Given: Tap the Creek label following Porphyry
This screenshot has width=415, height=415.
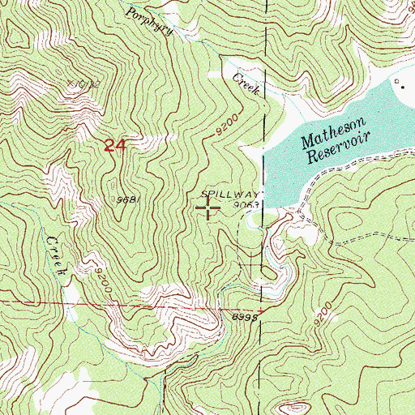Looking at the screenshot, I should [246, 83].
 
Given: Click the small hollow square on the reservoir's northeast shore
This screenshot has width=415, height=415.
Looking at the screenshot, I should [396, 83].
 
